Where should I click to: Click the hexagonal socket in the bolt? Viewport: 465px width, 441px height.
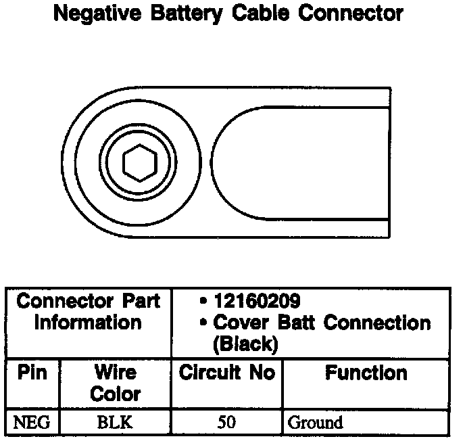click(x=139, y=162)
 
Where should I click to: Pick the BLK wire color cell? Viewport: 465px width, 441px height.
click(x=115, y=423)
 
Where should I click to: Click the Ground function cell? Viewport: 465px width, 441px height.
click(x=315, y=423)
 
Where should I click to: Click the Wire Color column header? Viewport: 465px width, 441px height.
click(x=115, y=383)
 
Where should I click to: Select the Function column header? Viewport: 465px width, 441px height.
click(x=366, y=373)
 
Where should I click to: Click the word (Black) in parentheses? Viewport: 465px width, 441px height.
click(x=244, y=344)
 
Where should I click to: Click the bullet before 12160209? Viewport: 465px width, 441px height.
click(x=203, y=301)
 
